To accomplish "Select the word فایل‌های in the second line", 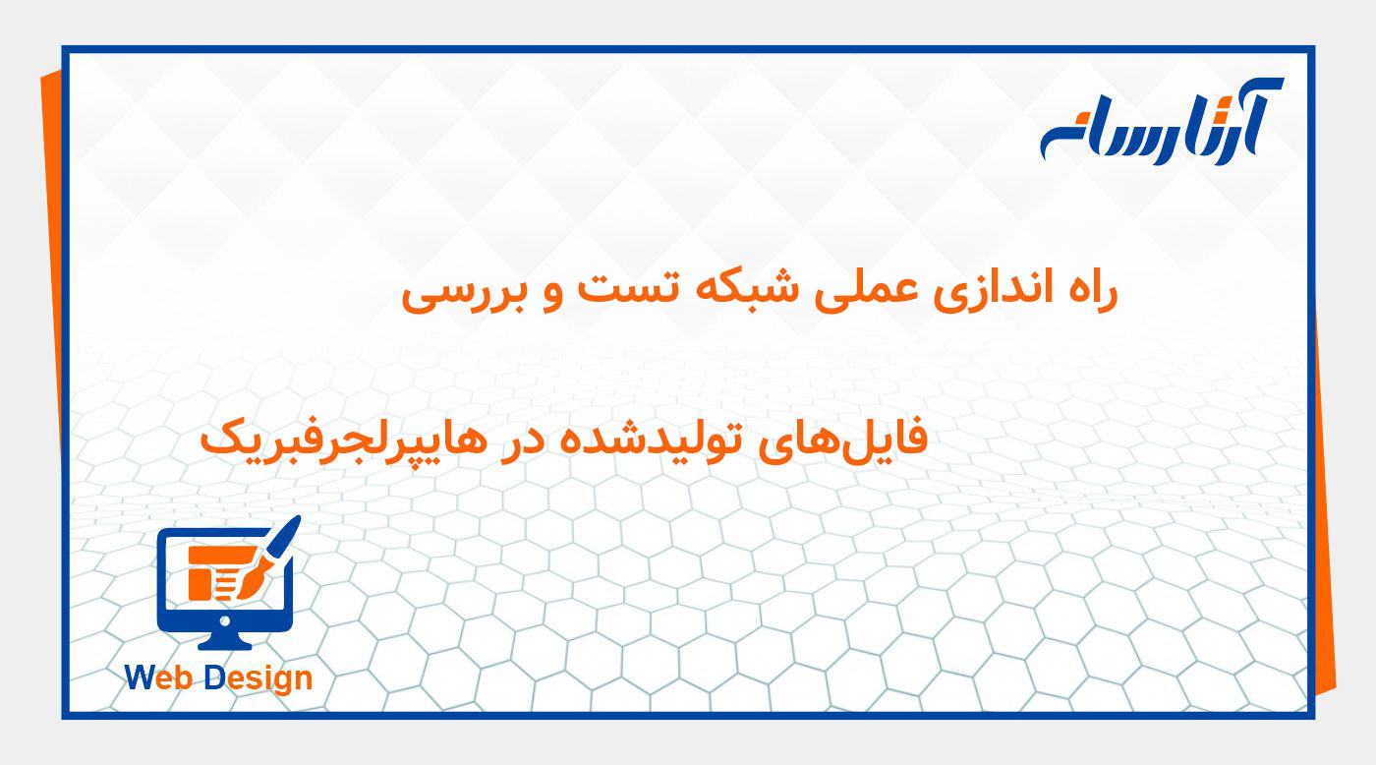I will pyautogui.click(x=866, y=439).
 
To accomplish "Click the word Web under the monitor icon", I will pyautogui.click(x=161, y=677).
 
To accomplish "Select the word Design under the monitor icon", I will pyautogui.click(x=258, y=678).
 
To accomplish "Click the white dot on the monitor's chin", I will pyautogui.click(x=225, y=621).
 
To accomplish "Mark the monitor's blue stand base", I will pyautogui.click(x=225, y=643).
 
